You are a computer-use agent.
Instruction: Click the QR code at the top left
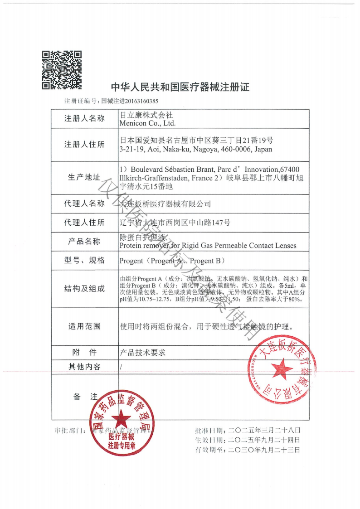(x=62, y=70)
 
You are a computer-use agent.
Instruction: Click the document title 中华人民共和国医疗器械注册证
(x=180, y=87)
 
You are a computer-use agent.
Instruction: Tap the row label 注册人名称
(x=84, y=119)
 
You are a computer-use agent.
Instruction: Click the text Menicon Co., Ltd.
(x=147, y=123)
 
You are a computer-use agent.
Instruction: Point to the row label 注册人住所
(x=84, y=145)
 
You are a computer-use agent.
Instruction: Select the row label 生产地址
(x=84, y=177)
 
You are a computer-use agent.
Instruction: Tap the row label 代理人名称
(x=84, y=204)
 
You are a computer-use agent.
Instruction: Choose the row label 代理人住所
(x=84, y=222)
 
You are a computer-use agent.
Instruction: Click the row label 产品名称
(x=84, y=241)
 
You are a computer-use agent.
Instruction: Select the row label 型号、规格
(x=84, y=260)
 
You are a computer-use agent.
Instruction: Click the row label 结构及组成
(x=84, y=289)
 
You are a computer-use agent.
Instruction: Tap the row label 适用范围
(x=84, y=326)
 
